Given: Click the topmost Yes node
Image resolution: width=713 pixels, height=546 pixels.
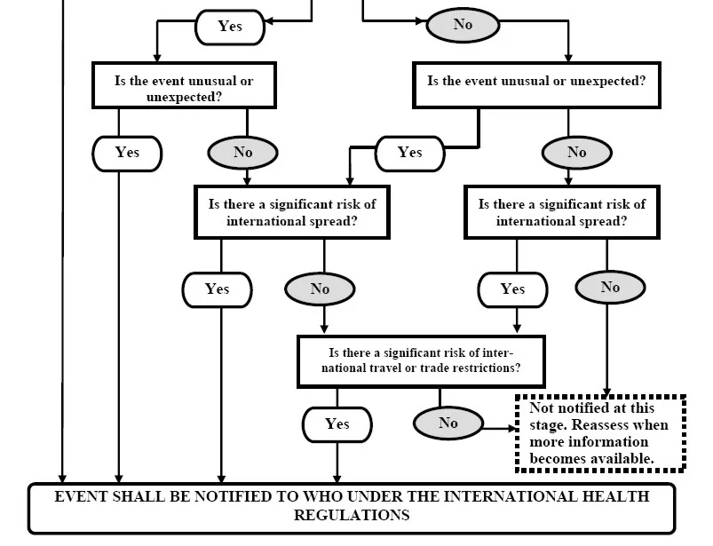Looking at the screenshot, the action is point(230,27).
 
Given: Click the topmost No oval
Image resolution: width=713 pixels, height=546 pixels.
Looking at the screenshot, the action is point(463,25).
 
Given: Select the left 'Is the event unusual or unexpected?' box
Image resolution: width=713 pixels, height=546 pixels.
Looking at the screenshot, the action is point(184,85).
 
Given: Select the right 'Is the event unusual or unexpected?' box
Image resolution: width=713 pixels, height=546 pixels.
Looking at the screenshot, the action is point(536,85).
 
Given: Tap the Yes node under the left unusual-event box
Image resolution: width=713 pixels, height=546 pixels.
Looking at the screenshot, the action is point(127,154).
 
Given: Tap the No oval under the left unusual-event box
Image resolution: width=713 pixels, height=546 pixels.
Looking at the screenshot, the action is point(242,153).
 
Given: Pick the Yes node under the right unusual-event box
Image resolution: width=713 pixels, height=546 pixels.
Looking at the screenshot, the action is point(409,154).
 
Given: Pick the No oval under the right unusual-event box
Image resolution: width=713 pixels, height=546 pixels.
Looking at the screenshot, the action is point(576,153).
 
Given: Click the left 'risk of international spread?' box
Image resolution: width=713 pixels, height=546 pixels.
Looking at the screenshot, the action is point(292,212).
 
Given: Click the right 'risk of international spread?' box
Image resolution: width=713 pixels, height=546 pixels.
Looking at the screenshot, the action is point(562,212).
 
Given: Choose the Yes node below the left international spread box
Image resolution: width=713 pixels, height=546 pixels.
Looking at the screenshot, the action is point(218,290).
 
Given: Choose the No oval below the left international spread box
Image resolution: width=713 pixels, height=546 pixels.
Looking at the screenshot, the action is point(320,289).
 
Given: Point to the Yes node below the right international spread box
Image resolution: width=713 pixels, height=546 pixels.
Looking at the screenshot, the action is point(512,290).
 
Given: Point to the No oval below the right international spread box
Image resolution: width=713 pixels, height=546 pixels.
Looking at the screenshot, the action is point(610,288).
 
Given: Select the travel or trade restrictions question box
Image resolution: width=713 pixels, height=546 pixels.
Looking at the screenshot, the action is point(421,361).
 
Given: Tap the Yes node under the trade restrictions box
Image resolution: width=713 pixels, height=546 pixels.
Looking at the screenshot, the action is point(337,424).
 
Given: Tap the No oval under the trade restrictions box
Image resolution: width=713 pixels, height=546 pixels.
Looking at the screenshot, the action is point(448,423).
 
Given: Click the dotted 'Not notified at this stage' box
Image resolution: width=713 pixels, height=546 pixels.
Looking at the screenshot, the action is point(601,434).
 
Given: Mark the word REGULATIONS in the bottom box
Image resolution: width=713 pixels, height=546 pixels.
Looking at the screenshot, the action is point(352,515).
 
